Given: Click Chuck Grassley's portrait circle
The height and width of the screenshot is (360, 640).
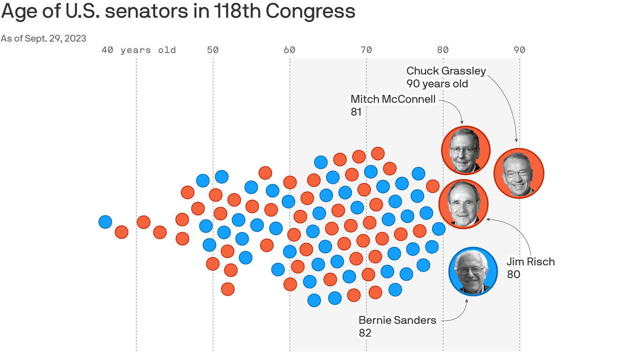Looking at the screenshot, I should (x=519, y=174).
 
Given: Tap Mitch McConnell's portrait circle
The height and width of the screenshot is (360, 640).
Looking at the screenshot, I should (x=466, y=150).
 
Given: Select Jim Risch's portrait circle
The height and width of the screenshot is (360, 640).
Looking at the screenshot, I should (x=463, y=204).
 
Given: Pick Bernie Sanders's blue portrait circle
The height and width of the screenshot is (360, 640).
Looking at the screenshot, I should (x=473, y=271).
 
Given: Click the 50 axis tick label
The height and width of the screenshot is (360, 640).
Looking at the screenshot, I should (x=213, y=50).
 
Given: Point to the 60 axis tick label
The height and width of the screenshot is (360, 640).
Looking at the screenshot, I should (x=290, y=50).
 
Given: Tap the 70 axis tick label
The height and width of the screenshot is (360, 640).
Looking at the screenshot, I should (x=366, y=50).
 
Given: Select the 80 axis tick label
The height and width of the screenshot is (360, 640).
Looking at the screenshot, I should (x=443, y=50).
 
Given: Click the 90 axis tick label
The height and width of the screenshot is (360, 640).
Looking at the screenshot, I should (x=519, y=50).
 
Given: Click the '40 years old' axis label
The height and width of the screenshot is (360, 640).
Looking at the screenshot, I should (x=139, y=50).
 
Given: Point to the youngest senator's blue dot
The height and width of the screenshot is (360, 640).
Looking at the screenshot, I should (x=105, y=222).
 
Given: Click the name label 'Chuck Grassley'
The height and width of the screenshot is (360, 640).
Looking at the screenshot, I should (x=446, y=71).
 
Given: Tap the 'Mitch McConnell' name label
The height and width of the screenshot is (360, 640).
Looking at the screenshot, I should (x=393, y=99).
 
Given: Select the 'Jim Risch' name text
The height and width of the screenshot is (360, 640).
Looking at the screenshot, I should (x=530, y=262).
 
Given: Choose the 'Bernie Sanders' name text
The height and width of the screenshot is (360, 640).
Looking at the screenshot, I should (x=397, y=320).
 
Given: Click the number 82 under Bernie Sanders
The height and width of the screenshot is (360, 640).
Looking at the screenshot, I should (x=365, y=333).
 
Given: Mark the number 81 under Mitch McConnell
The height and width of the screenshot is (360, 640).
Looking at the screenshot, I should (x=356, y=112).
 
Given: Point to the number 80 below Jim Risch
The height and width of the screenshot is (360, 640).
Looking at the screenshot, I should (x=513, y=274).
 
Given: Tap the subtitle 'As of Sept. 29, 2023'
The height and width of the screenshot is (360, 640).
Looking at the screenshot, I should (x=44, y=38).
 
